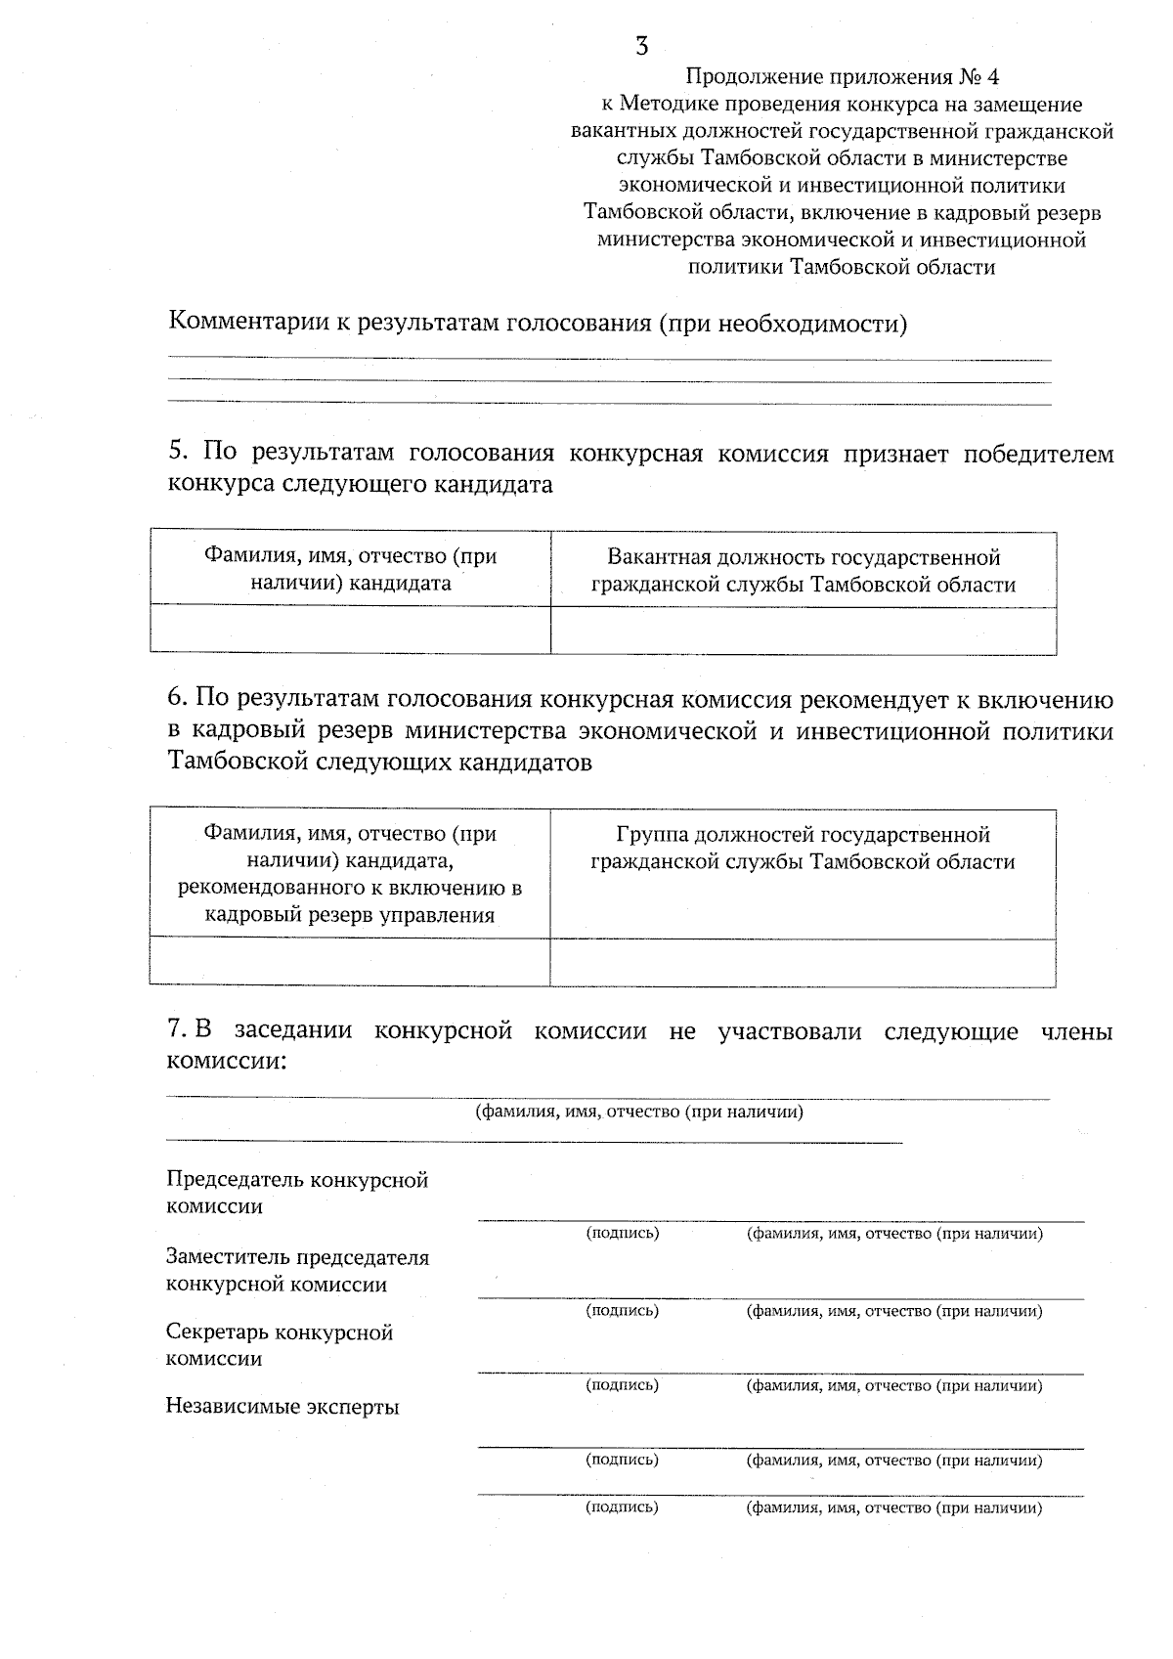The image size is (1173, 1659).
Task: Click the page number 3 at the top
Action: pos(641,46)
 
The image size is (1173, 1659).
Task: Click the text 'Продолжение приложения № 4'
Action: pos(842,76)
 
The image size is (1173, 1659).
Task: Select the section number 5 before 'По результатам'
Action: pos(176,452)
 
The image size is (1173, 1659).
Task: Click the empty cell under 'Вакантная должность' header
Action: pos(804,630)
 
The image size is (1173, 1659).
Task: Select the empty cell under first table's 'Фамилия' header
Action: pos(350,630)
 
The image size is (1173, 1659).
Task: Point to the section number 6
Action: pos(176,699)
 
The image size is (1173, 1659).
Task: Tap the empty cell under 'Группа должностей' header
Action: pos(804,963)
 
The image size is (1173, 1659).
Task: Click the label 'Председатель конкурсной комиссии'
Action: pos(297,1193)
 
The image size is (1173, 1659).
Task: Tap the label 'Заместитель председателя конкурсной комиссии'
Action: pos(297,1270)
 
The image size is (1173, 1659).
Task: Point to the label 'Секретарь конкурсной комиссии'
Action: pos(280,1345)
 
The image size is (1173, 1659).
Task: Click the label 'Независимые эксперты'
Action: pos(282,1408)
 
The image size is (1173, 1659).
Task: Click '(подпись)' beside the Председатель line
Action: pos(623,1234)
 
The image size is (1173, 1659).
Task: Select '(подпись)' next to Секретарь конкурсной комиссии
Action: pos(623,1385)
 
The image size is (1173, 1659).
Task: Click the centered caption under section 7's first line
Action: pos(639,1112)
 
